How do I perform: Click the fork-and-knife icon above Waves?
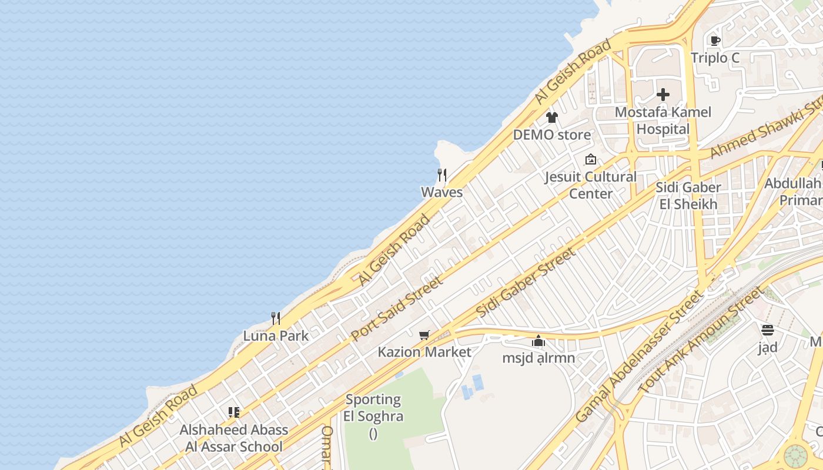442,174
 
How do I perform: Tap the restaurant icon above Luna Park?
275,318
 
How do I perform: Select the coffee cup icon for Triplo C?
715,41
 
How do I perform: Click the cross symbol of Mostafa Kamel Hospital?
663,95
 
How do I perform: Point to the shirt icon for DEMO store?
551,117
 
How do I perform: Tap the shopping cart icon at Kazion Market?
424,335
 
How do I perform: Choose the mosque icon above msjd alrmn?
538,341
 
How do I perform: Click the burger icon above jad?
767,330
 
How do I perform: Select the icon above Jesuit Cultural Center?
591,159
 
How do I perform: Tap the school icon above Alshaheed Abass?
234,412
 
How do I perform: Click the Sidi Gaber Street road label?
526,283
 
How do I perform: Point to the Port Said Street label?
397,308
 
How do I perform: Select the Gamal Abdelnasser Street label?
639,357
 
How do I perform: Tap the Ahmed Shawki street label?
764,128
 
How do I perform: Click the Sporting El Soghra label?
373,408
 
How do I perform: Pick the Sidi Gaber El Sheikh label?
688,196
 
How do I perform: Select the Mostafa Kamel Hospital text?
663,120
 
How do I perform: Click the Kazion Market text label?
424,352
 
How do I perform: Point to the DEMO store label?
552,135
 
